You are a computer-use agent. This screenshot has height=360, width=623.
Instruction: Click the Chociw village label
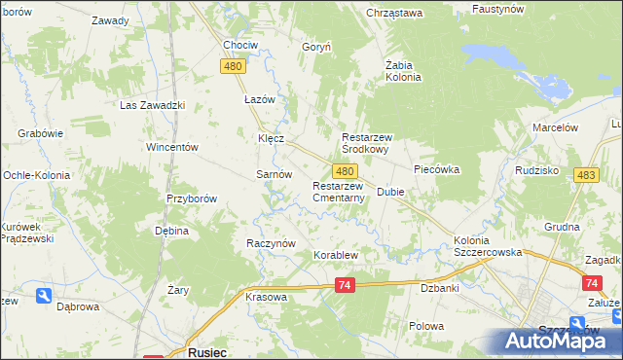tap(239, 46)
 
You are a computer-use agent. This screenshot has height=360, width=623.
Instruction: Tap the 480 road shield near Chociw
tap(232, 66)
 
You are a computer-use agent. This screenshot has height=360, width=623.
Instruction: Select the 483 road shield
tap(585, 174)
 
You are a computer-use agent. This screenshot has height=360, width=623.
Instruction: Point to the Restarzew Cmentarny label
tap(339, 192)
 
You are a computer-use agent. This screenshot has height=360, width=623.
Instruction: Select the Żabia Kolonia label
tap(402, 71)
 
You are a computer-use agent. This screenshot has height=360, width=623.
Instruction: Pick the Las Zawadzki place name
tap(152, 105)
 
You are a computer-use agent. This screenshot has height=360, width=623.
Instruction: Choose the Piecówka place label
tap(435, 169)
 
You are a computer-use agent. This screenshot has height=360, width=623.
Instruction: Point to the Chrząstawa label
tap(393, 13)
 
